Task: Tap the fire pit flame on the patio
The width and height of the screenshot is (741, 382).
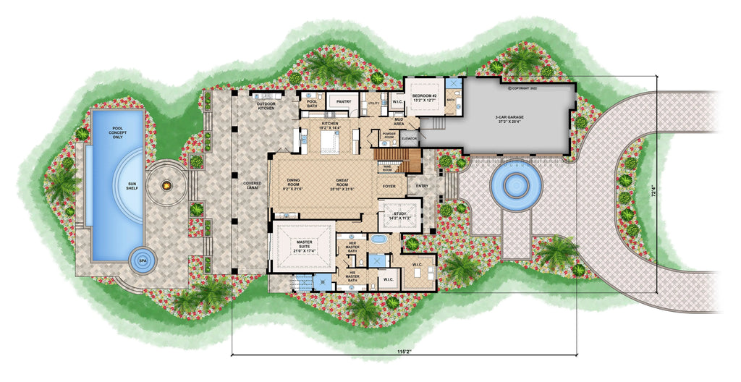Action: pos(167,187)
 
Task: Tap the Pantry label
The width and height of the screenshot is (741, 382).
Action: pos(344,102)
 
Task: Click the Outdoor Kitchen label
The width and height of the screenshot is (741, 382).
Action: pos(266,106)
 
